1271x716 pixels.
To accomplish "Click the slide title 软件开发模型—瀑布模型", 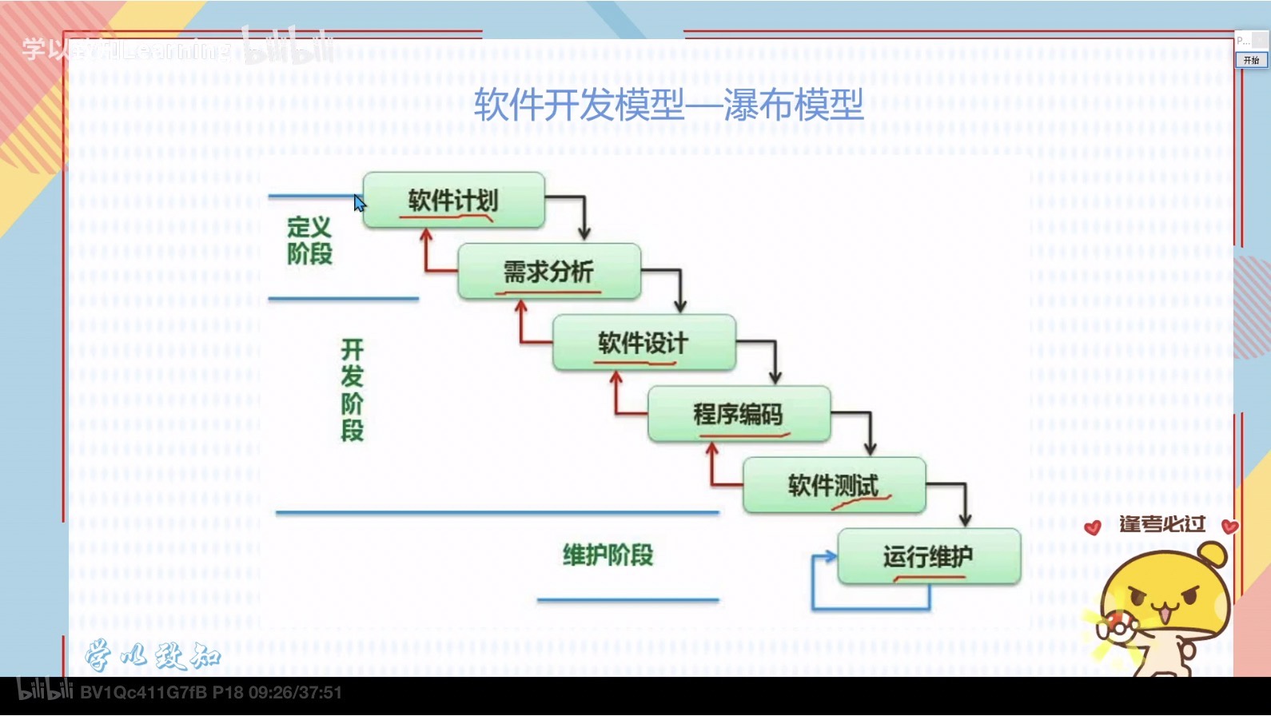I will [668, 105].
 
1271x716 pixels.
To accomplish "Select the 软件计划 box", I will [453, 200].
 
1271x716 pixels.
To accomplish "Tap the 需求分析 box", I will [548, 272].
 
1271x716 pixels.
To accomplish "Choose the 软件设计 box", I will [643, 343].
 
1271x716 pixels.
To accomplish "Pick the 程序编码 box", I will [739, 414].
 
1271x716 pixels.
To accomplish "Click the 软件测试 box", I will [834, 485].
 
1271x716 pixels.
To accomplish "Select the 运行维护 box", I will [928, 556].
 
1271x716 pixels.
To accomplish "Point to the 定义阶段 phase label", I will [309, 241].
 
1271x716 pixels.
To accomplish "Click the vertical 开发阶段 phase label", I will [352, 390].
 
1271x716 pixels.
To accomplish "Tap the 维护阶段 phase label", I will [608, 555].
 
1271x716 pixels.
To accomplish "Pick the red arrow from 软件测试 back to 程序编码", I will [713, 467].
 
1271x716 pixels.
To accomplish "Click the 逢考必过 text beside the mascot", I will [1161, 524].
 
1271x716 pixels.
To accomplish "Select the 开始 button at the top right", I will [1251, 60].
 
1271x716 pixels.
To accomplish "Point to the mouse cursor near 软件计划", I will [360, 203].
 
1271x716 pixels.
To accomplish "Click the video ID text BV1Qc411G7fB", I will [144, 692].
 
